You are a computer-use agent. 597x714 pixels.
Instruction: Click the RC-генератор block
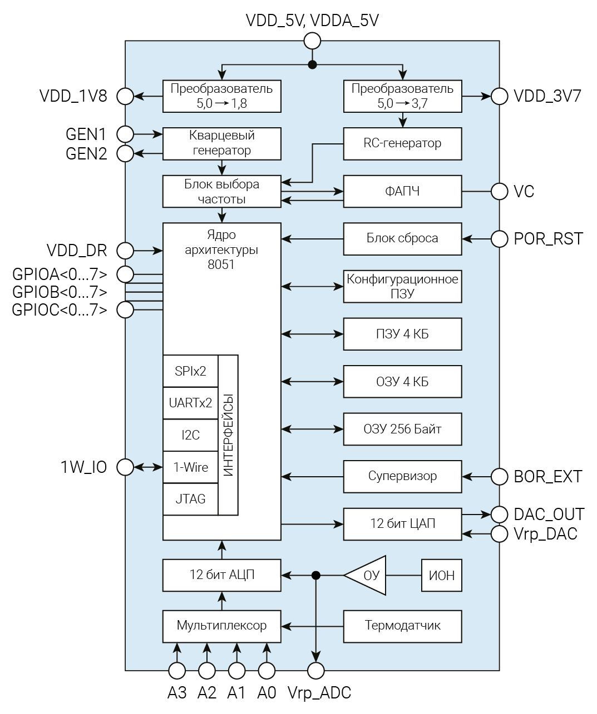click(x=402, y=143)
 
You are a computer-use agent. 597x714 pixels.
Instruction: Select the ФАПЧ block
click(x=402, y=191)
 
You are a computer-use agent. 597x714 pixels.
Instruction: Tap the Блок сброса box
click(x=402, y=238)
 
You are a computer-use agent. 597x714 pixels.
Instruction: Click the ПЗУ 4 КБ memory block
click(x=402, y=334)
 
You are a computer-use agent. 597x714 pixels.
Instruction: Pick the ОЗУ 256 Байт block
click(x=402, y=429)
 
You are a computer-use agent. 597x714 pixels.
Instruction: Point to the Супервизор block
click(x=402, y=476)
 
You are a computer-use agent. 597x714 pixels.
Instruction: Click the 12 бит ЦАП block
click(x=402, y=523)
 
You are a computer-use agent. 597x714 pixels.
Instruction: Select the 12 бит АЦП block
click(x=221, y=575)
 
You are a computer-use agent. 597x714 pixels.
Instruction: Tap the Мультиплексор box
click(x=221, y=626)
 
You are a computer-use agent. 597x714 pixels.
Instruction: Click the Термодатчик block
click(x=402, y=626)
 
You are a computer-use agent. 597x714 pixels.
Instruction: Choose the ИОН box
click(x=442, y=575)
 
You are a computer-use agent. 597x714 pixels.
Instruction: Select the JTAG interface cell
click(x=190, y=499)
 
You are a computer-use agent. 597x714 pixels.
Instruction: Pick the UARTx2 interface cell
click(x=190, y=403)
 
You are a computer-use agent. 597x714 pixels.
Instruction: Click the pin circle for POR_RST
click(x=500, y=239)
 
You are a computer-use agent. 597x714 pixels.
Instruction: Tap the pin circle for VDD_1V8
click(x=125, y=96)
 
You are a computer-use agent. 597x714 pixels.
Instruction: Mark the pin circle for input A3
click(x=177, y=671)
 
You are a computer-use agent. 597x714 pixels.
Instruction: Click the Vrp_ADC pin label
click(x=319, y=693)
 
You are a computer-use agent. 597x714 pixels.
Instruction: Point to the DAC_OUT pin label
click(x=549, y=514)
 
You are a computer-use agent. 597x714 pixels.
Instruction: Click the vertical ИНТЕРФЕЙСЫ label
click(x=228, y=435)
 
